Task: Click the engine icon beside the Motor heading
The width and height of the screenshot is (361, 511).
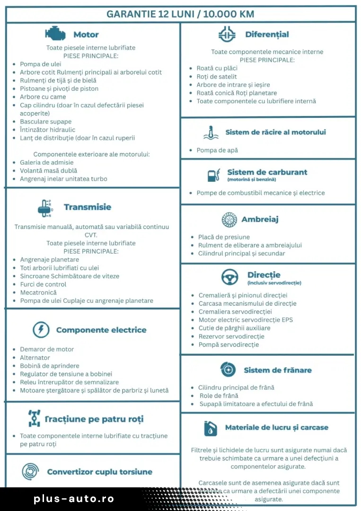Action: (55, 34)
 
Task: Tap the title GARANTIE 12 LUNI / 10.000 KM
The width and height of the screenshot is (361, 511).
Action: (180, 14)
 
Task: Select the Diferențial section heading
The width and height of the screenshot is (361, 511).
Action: (267, 35)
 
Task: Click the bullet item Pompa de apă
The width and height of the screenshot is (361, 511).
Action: (217, 150)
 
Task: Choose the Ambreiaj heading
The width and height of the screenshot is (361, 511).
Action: (260, 220)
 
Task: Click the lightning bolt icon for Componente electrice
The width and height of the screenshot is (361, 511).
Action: (41, 329)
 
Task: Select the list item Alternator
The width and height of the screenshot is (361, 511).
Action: (35, 358)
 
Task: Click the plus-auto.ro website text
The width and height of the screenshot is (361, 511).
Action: (74, 499)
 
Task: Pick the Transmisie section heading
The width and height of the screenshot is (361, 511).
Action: (88, 207)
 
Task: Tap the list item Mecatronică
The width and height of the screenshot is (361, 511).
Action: (38, 292)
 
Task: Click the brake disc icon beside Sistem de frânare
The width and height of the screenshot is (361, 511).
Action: (228, 370)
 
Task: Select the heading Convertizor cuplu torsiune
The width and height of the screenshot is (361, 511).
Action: (99, 472)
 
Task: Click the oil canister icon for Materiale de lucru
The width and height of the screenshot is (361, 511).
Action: (211, 428)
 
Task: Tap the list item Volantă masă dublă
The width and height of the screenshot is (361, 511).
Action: (48, 170)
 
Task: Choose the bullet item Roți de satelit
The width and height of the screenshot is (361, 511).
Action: (217, 77)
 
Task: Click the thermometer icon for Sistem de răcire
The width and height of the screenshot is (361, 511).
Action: (211, 133)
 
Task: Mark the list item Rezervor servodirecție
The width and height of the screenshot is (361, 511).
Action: (231, 336)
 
